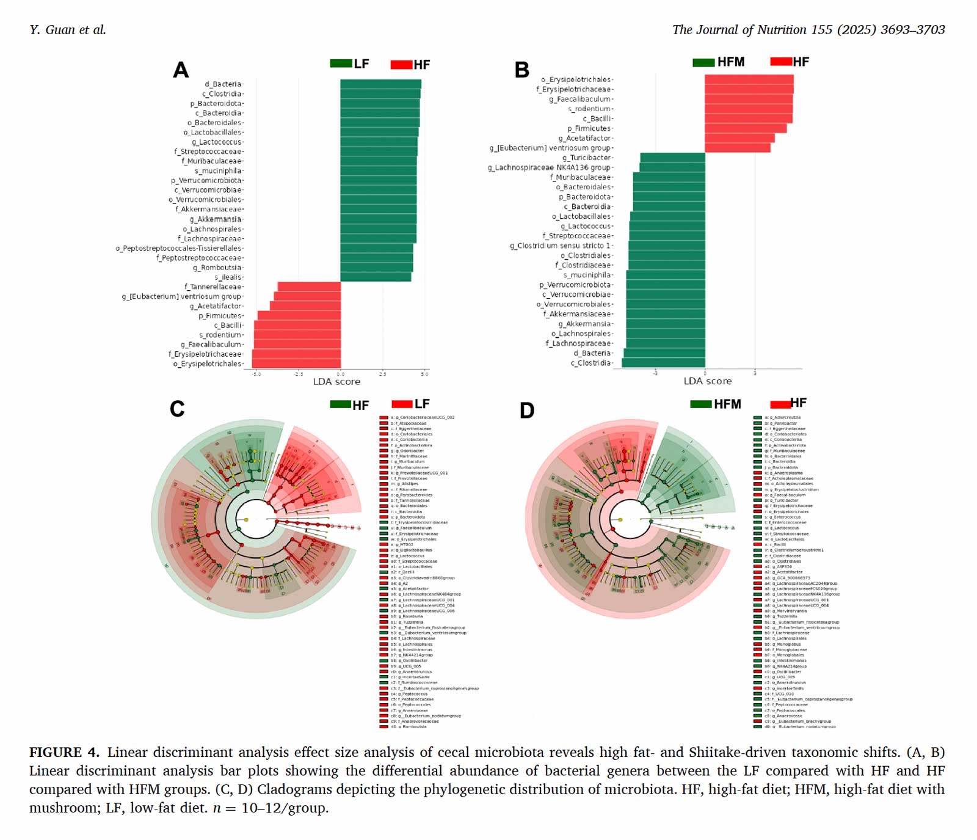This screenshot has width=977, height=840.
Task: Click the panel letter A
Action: point(180,70)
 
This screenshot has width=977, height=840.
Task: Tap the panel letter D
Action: point(527,410)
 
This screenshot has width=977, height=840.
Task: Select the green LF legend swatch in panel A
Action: point(341,64)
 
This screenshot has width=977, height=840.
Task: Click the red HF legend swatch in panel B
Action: point(781,62)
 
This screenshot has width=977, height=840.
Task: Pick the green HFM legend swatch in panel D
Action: point(700,404)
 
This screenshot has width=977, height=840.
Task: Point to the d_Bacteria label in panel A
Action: point(223,84)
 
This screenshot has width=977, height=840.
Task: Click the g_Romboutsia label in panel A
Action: point(217,268)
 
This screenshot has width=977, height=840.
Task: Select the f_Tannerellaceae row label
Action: point(213,287)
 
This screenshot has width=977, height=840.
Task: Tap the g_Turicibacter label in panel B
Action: point(586,158)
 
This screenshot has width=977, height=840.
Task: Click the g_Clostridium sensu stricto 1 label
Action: point(560,246)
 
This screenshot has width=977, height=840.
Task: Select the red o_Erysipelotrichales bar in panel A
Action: point(296,363)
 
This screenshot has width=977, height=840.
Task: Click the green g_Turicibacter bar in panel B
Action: point(672,158)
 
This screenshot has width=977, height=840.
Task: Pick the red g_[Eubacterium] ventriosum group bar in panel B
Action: point(737,148)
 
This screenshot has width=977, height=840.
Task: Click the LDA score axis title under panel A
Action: point(336,381)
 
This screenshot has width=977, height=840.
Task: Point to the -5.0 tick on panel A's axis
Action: point(256,374)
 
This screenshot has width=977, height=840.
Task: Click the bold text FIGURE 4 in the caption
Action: point(64,752)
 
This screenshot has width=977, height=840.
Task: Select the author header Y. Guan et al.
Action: point(68,30)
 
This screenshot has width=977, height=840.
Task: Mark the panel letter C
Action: point(177,408)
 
